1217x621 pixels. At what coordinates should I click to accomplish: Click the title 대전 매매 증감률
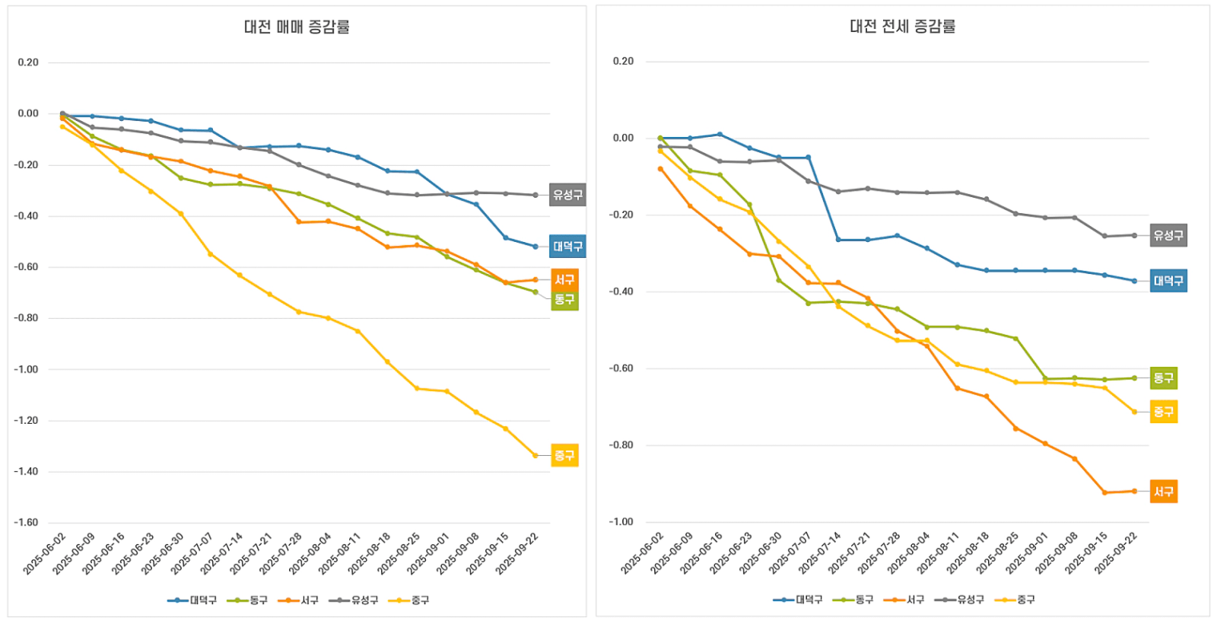point(297,26)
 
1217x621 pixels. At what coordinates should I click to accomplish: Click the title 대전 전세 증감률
point(902,26)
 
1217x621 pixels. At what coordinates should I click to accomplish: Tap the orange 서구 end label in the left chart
point(564,280)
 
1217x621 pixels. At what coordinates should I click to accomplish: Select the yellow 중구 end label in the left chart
point(564,455)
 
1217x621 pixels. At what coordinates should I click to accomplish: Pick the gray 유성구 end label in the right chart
point(1168,236)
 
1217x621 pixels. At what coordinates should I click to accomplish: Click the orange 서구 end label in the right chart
point(1163,491)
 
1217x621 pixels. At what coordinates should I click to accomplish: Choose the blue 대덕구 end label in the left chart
point(568,246)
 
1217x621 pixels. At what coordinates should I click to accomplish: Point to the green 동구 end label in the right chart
point(1163,377)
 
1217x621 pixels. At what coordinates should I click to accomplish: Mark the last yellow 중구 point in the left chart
point(536,455)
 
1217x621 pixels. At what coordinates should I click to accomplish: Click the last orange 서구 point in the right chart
point(1135,491)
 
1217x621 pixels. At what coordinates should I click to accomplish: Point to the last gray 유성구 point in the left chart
point(536,195)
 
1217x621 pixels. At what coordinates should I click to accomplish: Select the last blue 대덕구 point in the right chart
point(1135,280)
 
